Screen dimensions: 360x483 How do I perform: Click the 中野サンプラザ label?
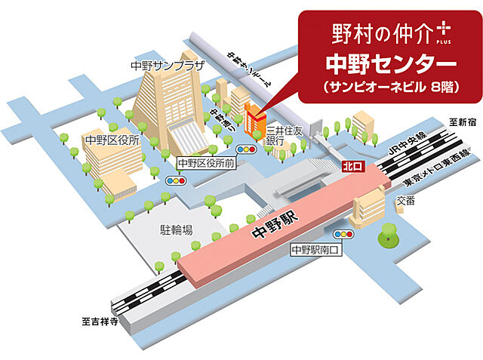point(168,66)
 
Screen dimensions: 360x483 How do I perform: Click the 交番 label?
point(405,202)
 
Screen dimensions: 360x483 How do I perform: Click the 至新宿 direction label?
point(458,121)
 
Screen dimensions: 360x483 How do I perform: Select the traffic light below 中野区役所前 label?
point(175,181)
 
